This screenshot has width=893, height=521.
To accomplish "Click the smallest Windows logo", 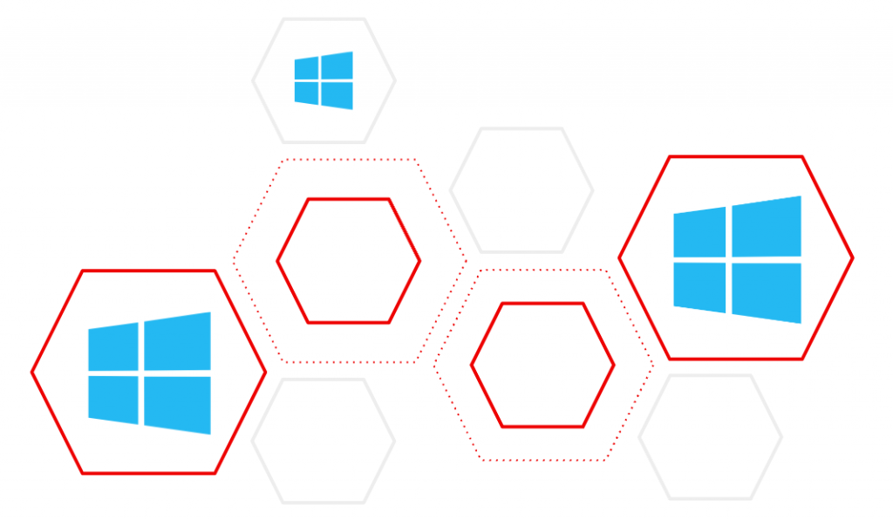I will point(324,80).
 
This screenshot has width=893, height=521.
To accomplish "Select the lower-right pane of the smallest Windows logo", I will point(337,95).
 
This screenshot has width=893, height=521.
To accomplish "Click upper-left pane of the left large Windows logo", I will point(113,346).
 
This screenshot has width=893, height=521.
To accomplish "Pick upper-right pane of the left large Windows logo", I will point(177,341).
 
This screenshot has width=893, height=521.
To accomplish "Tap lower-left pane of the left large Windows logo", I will point(113,399).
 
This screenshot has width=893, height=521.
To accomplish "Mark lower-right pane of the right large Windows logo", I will point(766,291).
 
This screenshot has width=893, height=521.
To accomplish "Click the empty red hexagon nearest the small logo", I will point(349,260).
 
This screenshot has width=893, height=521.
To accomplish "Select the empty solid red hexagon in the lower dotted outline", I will point(542,365).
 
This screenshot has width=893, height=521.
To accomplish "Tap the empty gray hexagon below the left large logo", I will point(324,441).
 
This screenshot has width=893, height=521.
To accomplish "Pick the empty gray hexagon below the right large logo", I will point(710,437).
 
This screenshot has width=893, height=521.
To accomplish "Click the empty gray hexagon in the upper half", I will point(521,190).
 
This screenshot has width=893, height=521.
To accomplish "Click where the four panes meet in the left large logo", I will point(141,373).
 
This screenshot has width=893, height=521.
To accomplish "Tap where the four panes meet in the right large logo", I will point(728,259).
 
